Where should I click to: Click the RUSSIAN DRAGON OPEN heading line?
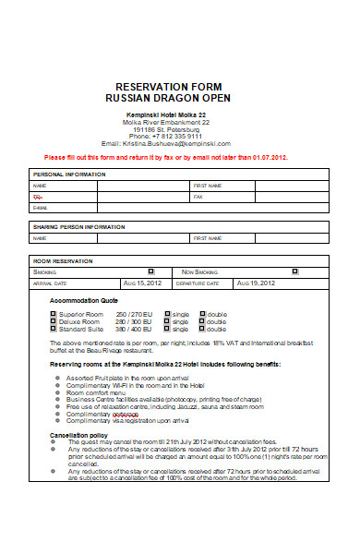pos(179,97)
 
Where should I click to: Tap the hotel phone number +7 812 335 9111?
pos(179,136)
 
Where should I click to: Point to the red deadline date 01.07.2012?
pos(267,158)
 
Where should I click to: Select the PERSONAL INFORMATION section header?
pos(69,174)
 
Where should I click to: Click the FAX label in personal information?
pos(198,197)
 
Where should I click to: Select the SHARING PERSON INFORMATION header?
pos(78,226)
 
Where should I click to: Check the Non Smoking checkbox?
pos(294,272)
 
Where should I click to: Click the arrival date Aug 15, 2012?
pos(142,283)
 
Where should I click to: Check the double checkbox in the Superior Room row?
pos(201,314)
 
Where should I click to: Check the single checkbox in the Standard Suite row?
pos(167,329)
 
